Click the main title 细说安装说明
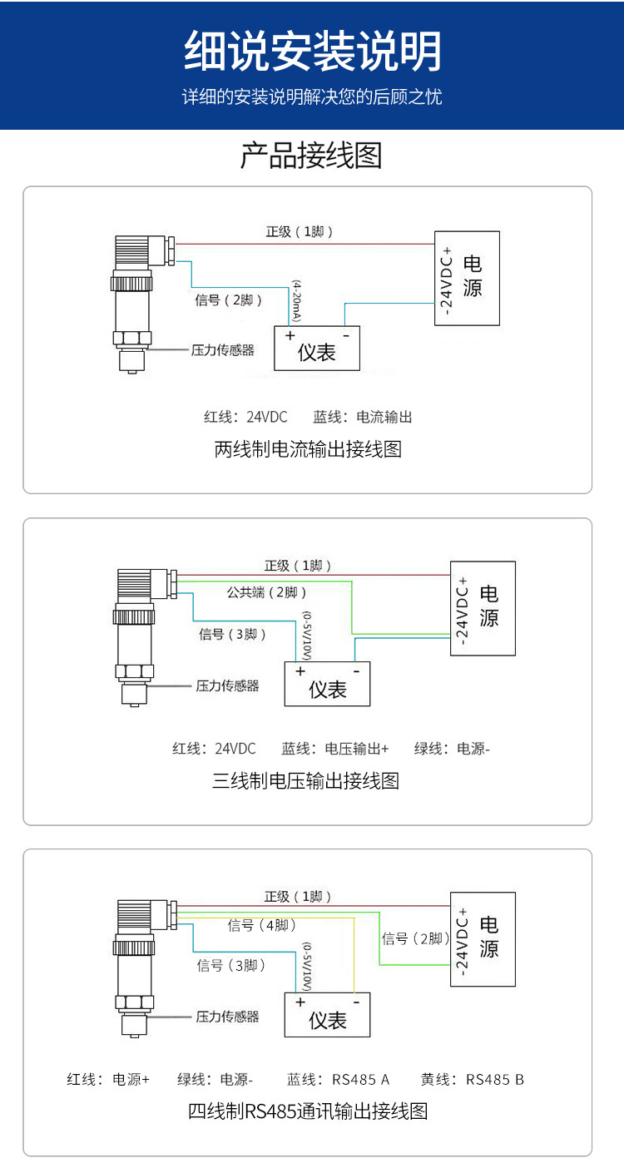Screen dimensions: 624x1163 [x=313, y=51]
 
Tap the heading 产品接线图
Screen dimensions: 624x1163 [x=311, y=156]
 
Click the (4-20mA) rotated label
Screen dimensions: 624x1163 [x=296, y=301]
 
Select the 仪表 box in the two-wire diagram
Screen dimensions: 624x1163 [x=317, y=348]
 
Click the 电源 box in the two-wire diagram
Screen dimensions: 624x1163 [x=467, y=279]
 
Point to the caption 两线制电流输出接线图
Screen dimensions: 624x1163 [x=308, y=449]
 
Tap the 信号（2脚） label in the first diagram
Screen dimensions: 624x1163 [x=228, y=300]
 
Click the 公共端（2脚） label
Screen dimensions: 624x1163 [x=266, y=592]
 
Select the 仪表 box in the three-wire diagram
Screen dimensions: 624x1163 [x=327, y=683]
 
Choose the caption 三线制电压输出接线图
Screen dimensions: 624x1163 [x=306, y=781]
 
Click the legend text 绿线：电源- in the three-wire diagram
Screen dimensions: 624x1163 [x=452, y=749]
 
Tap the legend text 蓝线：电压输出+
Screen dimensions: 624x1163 [x=334, y=749]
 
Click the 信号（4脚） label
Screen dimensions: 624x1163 [x=261, y=925]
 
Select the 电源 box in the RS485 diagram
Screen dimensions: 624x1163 [x=483, y=939]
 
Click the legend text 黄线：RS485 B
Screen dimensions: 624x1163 [x=472, y=1080]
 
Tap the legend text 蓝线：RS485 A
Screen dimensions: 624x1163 [x=338, y=1080]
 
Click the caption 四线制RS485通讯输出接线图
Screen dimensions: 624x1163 [x=308, y=1111]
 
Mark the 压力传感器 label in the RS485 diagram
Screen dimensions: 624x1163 [x=227, y=1017]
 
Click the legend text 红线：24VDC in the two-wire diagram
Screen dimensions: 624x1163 [x=245, y=417]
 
